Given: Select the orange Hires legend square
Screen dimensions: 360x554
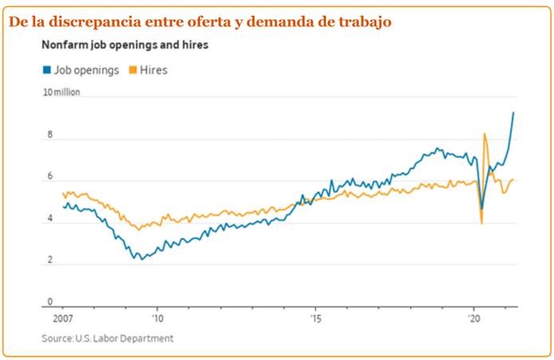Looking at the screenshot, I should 133,70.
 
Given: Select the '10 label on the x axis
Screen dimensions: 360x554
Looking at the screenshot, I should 158,316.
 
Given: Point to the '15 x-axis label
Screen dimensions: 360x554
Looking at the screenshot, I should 316,316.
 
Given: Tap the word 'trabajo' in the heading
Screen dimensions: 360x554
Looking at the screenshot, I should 364,22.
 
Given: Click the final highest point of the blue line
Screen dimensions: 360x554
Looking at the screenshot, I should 513,112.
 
